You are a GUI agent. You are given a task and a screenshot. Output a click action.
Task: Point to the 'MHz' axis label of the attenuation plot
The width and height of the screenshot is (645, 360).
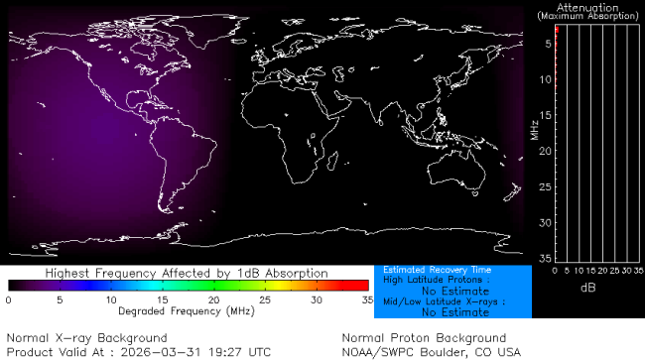535,130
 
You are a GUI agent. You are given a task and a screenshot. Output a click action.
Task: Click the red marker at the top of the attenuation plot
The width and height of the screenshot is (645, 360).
557,33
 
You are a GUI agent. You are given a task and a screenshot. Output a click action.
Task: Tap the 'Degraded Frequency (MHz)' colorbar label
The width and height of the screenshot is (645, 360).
187,310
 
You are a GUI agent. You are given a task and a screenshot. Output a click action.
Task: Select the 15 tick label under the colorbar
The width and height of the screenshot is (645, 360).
161,300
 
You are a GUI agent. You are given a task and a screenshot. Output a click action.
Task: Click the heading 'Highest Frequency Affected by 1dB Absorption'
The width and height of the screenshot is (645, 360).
187,272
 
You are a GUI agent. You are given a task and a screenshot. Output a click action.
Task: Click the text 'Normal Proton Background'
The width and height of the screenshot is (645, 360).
424,338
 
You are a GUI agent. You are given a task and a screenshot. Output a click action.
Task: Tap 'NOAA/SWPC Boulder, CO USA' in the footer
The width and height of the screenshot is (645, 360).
431,351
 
